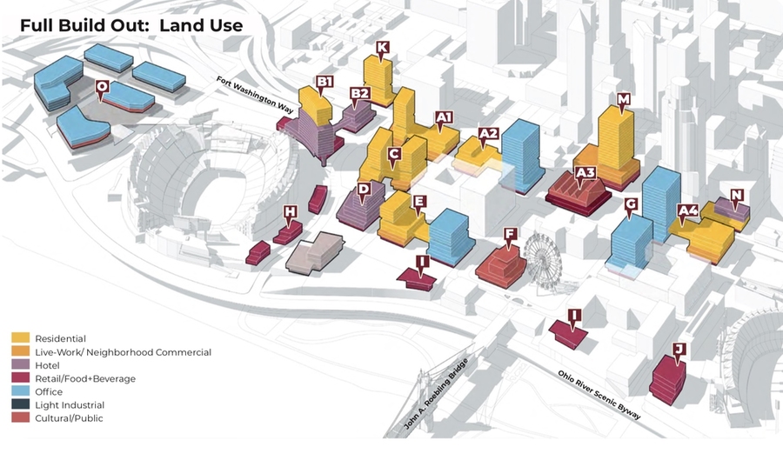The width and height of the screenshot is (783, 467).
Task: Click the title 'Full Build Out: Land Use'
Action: [x=131, y=25]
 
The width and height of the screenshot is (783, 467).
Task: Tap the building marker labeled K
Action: [x=383, y=48]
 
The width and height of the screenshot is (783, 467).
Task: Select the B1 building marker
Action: [x=325, y=83]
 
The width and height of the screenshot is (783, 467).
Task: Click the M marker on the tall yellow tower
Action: [x=623, y=100]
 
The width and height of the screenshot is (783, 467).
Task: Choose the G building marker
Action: [x=632, y=205]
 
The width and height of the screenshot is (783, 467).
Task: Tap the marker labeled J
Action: [x=679, y=350]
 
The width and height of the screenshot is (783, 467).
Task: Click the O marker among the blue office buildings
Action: [x=102, y=87]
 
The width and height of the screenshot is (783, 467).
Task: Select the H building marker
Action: [x=290, y=211]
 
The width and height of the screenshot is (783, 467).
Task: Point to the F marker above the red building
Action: [x=511, y=234]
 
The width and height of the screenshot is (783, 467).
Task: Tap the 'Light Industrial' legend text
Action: [x=70, y=405]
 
